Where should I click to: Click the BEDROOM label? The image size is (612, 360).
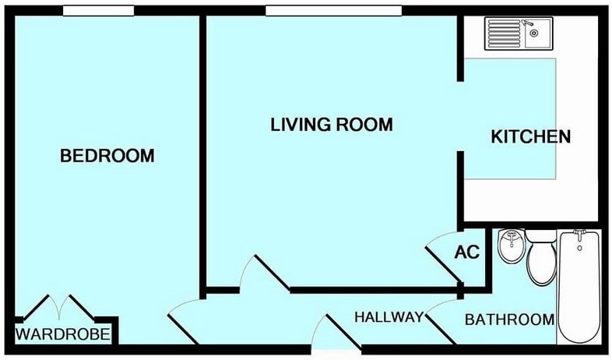coord(107,156)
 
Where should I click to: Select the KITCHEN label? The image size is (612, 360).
coord(531,136)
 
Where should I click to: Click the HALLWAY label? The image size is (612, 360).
coord(389,317)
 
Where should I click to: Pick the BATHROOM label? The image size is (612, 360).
coord(509,319)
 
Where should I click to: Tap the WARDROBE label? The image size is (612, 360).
coord(64,335)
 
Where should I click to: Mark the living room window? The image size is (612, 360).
coord(333,10)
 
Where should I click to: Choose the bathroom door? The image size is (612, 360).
coord(441,319)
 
